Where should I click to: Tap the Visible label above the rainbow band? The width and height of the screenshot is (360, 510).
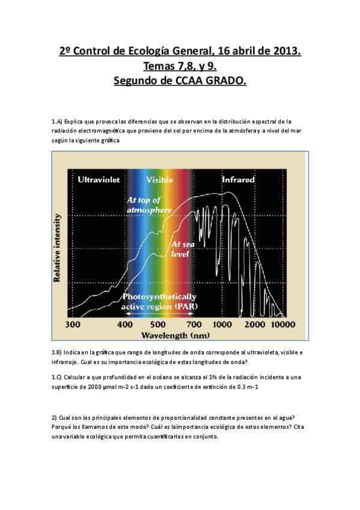click(160, 179)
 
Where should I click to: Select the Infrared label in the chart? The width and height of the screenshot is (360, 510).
click(238, 179)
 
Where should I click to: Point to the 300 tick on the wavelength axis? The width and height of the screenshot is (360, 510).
click(72, 324)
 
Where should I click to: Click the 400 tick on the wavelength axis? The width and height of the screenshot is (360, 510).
click(125, 324)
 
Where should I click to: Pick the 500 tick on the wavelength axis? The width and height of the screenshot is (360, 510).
click(157, 324)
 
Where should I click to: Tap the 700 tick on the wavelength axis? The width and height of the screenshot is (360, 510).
click(194, 324)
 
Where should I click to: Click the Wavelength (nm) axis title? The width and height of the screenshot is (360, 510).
click(175, 334)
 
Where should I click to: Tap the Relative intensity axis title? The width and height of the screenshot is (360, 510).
click(58, 247)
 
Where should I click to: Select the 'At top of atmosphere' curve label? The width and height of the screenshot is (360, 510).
click(143, 204)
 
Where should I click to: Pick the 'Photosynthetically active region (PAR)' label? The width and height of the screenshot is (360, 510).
click(159, 301)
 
